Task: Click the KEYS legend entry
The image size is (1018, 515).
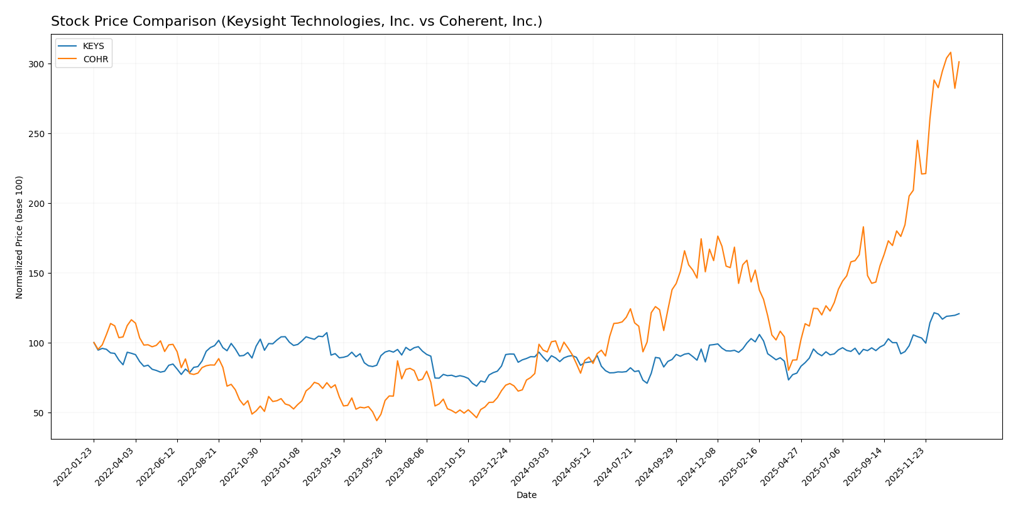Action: pos(93,47)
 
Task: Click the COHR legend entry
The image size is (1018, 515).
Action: pos(96,60)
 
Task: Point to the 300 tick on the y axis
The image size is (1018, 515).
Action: pos(36,64)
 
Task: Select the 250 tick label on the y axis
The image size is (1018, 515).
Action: pos(36,134)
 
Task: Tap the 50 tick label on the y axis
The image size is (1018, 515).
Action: pos(38,413)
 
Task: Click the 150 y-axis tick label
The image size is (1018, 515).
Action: pos(36,274)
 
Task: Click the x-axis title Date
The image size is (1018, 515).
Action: pos(526,496)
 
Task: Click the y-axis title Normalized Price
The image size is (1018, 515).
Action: pos(19,237)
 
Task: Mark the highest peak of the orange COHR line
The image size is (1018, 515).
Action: pos(950,52)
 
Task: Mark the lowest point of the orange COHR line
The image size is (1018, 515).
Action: pos(377,420)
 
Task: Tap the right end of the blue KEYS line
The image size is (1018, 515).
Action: pos(959,314)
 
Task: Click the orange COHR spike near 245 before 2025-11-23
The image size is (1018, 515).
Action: pos(917,140)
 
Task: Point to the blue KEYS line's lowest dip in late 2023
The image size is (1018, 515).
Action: pos(476,385)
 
